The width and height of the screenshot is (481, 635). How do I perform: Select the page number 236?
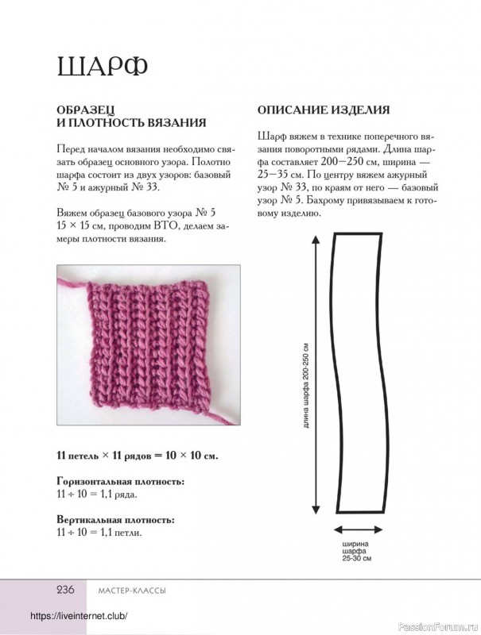(64, 590)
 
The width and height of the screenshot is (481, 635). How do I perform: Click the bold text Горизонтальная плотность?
(121, 482)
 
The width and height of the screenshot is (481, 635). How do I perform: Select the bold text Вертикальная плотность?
(116, 520)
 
